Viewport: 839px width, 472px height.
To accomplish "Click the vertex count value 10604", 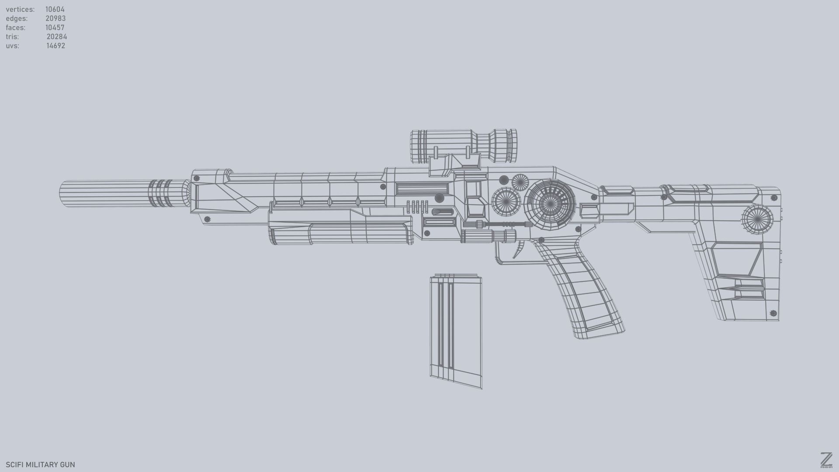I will pyautogui.click(x=55, y=9).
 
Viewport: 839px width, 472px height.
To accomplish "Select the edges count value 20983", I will pyautogui.click(x=55, y=18).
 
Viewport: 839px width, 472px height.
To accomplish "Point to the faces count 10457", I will pyautogui.click(x=55, y=28).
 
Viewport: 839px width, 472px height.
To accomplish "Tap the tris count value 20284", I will pyautogui.click(x=57, y=37).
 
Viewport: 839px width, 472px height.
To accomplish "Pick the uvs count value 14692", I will pyautogui.click(x=56, y=46).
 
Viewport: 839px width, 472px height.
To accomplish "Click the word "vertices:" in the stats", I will pyautogui.click(x=20, y=9).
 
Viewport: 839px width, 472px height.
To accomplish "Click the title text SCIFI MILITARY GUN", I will pyautogui.click(x=40, y=465).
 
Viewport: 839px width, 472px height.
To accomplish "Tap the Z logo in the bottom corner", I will pyautogui.click(x=826, y=460).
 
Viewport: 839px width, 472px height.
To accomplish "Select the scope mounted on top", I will pyautogui.click(x=463, y=146).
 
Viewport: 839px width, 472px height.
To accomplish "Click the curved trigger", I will pyautogui.click(x=520, y=250).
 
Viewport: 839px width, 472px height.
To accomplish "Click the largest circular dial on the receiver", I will pyautogui.click(x=551, y=204).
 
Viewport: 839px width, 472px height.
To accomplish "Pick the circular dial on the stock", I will pyautogui.click(x=757, y=219).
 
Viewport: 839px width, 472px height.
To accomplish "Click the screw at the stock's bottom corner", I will pyautogui.click(x=773, y=313).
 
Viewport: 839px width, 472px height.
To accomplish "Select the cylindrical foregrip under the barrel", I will pyautogui.click(x=341, y=233).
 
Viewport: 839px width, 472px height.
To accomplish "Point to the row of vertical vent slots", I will pyautogui.click(x=417, y=207).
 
